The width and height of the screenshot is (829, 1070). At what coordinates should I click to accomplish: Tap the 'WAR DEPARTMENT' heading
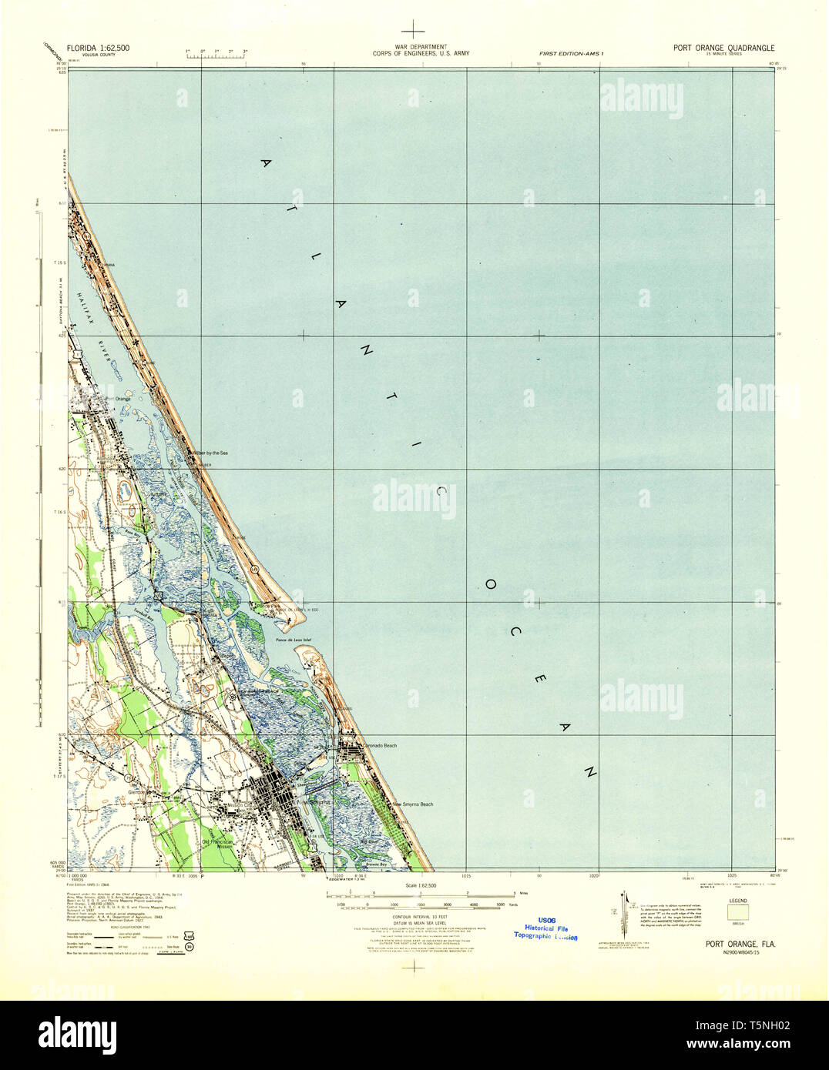pos(420,47)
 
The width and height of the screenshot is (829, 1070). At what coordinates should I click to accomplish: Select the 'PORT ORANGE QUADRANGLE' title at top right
pos(723,48)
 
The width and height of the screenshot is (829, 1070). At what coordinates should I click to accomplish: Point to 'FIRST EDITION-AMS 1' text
pos(572,52)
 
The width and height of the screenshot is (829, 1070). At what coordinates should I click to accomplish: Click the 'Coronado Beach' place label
pos(380,746)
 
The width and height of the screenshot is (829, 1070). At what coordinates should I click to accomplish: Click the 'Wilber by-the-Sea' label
pos(210,453)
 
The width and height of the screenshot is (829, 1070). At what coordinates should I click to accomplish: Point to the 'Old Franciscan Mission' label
pos(216,844)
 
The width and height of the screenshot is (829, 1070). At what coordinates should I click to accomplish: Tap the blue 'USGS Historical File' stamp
pos(546,928)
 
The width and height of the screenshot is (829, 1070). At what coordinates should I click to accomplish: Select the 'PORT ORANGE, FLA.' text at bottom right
pos(740,944)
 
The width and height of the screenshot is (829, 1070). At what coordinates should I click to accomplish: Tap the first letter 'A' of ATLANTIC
pos(267,163)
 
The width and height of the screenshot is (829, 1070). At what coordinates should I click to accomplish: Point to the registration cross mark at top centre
pos(414,29)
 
